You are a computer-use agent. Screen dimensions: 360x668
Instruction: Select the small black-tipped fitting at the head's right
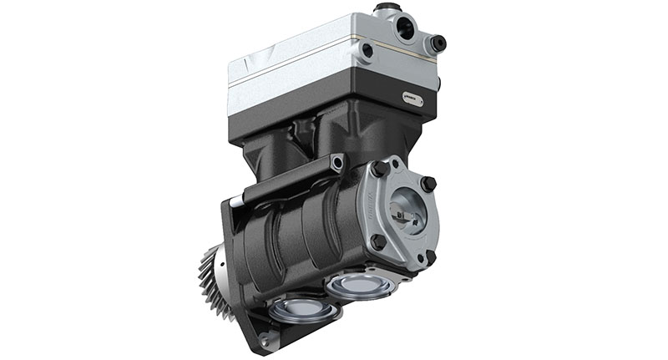pyautogui.click(x=437, y=43)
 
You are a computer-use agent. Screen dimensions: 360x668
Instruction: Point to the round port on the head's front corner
pyautogui.click(x=367, y=50)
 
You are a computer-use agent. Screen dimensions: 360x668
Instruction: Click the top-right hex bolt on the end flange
pyautogui.click(x=427, y=183)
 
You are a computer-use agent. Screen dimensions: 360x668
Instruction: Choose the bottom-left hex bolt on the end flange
pyautogui.click(x=377, y=241)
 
